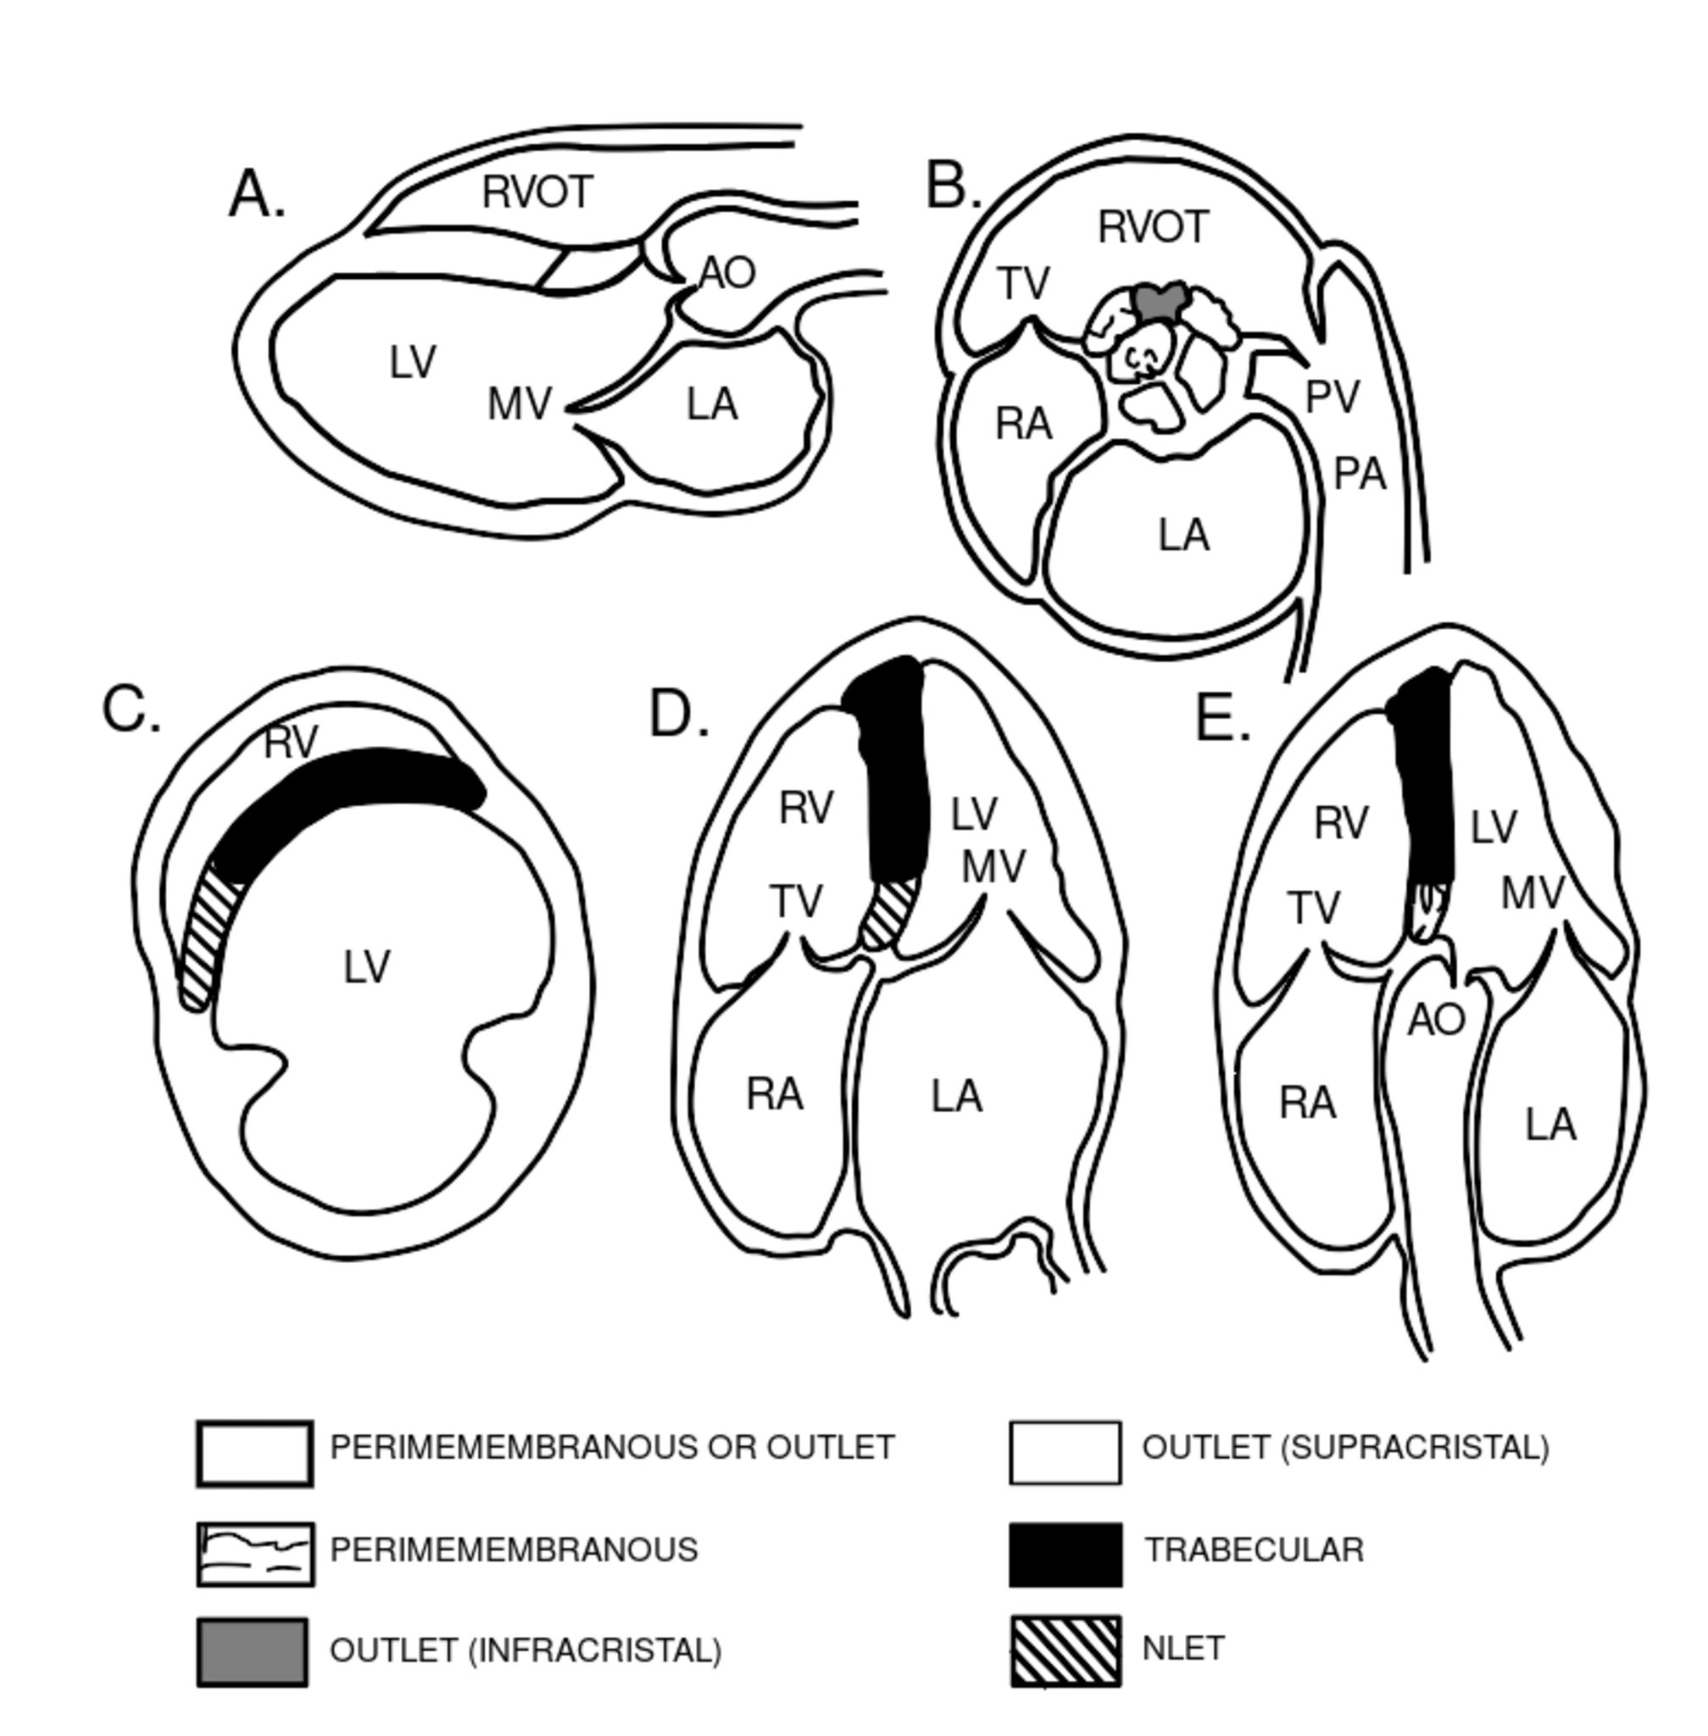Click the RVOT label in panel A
coord(537,192)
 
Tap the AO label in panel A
coord(726,273)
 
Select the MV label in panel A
coord(520,404)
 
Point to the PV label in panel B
coord(1332,397)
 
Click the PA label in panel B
coord(1360,474)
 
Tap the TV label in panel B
coord(1022,285)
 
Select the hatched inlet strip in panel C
coord(203,933)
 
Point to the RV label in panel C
coord(291,743)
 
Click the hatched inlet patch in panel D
coord(889,913)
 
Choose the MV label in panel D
coord(993,867)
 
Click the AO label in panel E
coord(1436,1020)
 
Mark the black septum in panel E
coord(1425,781)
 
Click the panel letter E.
coord(1221,720)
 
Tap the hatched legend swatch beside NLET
coord(1065,1650)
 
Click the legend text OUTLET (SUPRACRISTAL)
coord(1344,1447)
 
